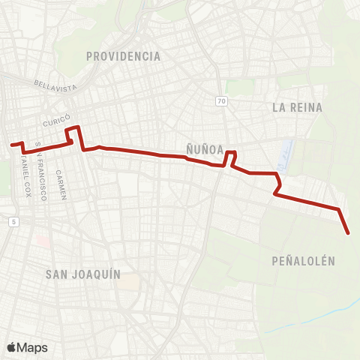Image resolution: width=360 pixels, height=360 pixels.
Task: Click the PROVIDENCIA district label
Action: (123, 56)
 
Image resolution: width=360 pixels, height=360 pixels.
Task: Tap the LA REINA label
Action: (297, 107)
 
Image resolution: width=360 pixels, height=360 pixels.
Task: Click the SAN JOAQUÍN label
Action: (82, 274)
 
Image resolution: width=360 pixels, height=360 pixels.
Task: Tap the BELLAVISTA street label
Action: (55, 86)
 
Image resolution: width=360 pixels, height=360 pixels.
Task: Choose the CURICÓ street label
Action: (55, 121)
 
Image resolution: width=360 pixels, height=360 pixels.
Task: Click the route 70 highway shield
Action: (220, 100)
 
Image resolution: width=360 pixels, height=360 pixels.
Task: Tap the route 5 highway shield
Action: (13, 221)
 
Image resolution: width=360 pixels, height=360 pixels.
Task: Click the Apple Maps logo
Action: (27, 347)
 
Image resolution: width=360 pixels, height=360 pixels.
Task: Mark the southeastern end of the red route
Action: (349, 233)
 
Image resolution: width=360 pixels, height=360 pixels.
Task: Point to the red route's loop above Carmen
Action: (74, 133)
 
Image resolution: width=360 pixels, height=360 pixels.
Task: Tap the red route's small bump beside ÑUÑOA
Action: (231, 155)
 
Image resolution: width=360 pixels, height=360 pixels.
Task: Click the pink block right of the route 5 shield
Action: (41, 241)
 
